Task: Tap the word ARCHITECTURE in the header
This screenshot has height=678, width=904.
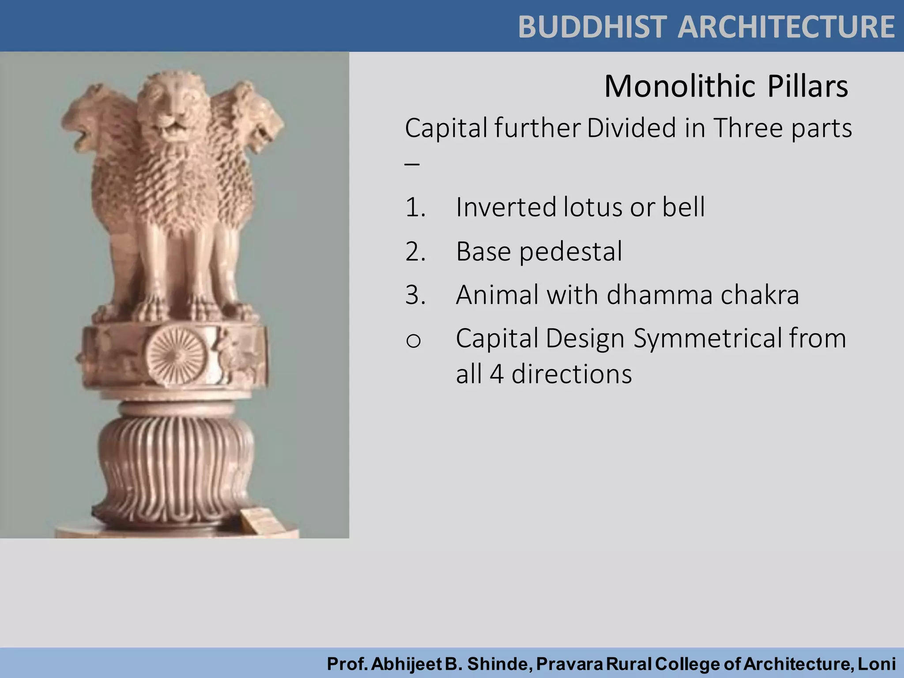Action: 786,27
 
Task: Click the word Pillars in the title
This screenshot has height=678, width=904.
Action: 807,86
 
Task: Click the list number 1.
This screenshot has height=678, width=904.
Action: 415,207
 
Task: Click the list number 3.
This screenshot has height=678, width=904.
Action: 415,295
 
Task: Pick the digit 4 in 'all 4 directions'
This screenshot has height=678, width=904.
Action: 497,374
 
